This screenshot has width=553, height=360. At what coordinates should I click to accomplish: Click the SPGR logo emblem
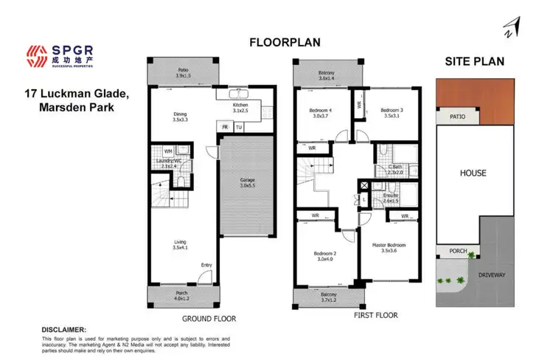tap(35, 52)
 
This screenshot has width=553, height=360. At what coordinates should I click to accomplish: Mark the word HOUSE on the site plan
tap(473, 173)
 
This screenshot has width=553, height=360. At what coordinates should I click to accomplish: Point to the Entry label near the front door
tap(206, 266)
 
